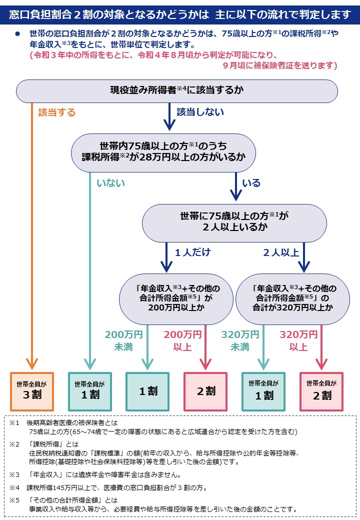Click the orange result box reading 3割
[x=32, y=391]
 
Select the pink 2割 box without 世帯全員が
[x=205, y=391]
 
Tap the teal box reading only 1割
[x=148, y=391]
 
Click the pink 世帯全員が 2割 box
[x=321, y=391]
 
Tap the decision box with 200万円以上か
[x=173, y=298]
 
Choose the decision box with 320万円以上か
[x=293, y=298]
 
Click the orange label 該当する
[x=57, y=112]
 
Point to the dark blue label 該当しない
[x=200, y=112]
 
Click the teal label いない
[x=111, y=183]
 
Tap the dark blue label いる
[x=251, y=183]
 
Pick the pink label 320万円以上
[x=298, y=340]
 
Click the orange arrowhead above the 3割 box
[x=32, y=364]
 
